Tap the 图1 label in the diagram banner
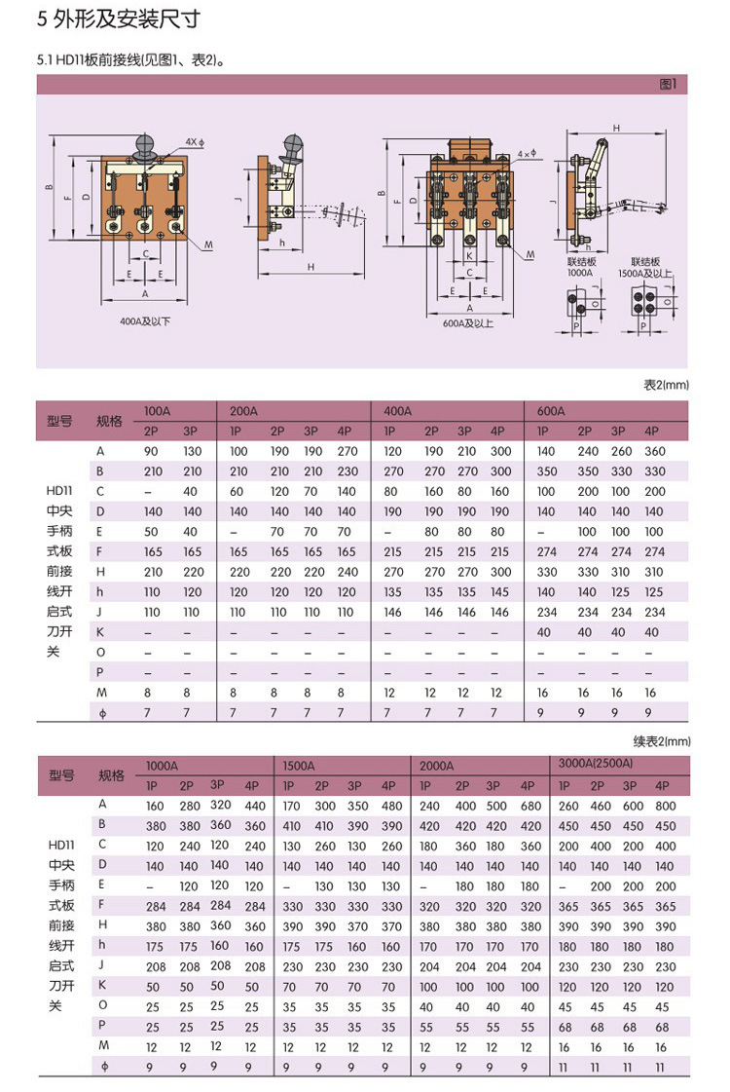coord(668,85)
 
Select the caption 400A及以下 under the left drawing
coord(143,320)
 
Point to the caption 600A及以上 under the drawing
coord(467,324)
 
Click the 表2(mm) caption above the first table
coord(666,385)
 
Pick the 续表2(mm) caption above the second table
coord(662,740)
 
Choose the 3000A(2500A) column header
coord(591,763)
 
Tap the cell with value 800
coord(666,806)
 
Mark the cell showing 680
coord(530,806)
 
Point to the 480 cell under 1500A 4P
coord(391,806)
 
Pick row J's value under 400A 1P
coord(393,612)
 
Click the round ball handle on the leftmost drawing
coord(144,148)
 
